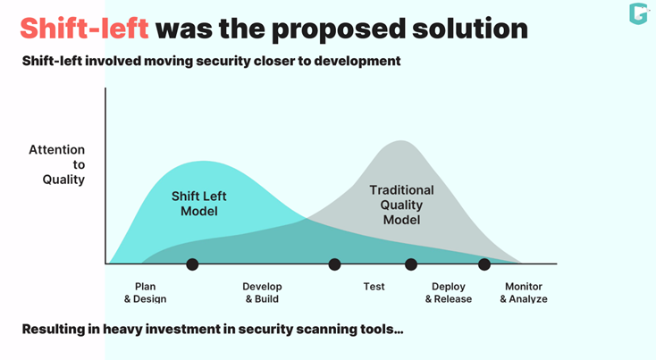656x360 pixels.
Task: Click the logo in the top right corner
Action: click(637, 13)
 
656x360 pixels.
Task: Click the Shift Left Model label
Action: click(199, 205)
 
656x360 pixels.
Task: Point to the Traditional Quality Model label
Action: click(401, 205)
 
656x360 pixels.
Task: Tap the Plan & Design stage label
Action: click(145, 292)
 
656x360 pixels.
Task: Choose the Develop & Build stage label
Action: click(262, 292)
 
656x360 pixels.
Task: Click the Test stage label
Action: click(374, 287)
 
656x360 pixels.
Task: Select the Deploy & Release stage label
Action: click(448, 292)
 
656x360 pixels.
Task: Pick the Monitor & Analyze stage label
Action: click(523, 292)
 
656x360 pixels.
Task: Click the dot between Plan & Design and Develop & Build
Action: click(191, 264)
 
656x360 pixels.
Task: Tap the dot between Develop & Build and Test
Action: click(334, 264)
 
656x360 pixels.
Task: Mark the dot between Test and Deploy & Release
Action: click(411, 264)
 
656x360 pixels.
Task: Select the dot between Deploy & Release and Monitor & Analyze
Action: click(484, 264)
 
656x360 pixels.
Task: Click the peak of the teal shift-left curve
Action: click(207, 162)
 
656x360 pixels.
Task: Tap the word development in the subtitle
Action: click(358, 62)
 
